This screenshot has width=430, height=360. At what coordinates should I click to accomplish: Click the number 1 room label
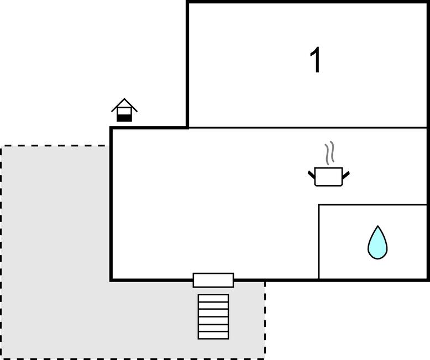point(316,60)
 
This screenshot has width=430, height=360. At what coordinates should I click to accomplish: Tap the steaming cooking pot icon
point(328,164)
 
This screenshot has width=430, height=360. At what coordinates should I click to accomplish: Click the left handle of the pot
point(312,174)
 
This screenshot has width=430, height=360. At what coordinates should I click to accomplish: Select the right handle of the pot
point(346,175)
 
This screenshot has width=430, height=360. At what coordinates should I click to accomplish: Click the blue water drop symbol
point(377,242)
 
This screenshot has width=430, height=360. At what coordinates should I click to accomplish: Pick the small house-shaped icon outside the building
point(124,110)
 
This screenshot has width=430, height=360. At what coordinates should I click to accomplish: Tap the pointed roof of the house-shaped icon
point(124,105)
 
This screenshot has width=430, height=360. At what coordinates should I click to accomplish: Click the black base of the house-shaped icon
point(124,118)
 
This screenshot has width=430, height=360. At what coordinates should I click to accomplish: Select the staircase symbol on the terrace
point(213,317)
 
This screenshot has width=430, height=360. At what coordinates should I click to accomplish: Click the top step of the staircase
point(213,298)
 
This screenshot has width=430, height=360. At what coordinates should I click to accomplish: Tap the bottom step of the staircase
point(213,335)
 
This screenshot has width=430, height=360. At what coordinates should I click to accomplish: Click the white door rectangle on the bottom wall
point(213,280)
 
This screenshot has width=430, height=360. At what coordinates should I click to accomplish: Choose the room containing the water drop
point(373,242)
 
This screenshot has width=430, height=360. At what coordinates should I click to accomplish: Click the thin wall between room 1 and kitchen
point(308,128)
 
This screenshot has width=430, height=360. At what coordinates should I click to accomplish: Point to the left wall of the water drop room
point(319,242)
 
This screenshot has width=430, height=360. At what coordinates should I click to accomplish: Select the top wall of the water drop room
point(373,204)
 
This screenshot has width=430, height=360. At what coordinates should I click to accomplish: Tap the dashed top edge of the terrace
point(54,146)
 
